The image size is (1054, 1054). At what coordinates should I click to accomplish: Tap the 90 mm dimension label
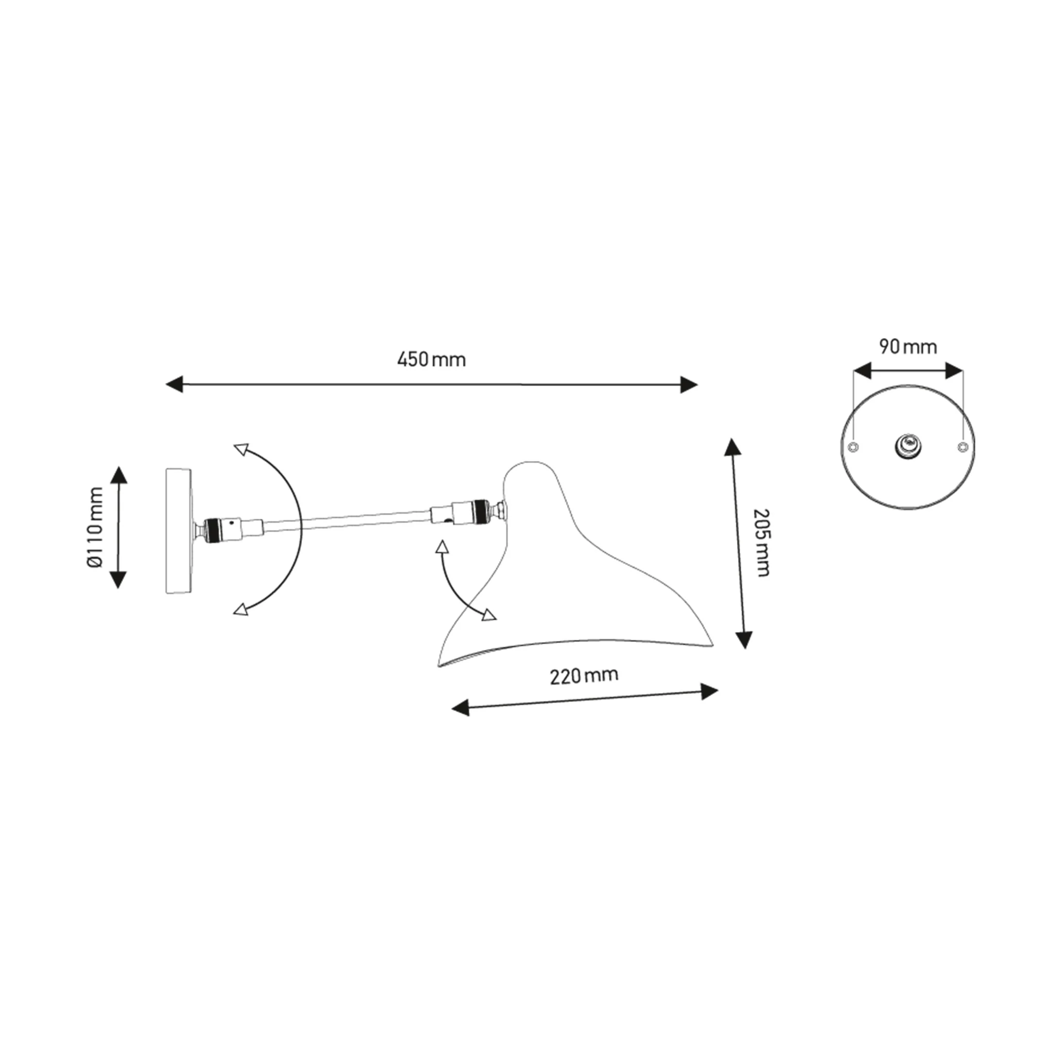click(908, 347)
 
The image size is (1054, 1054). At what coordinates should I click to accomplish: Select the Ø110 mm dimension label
click(95, 528)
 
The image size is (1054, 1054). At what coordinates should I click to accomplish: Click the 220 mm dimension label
click(584, 676)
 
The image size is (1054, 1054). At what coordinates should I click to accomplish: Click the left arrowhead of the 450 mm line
click(174, 384)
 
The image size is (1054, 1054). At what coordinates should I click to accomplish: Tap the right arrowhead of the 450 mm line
click(689, 384)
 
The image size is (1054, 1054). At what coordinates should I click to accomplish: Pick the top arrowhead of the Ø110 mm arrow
click(119, 475)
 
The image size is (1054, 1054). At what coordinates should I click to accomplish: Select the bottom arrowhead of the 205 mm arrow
click(744, 640)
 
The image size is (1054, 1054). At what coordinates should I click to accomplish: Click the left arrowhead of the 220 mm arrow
click(461, 708)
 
